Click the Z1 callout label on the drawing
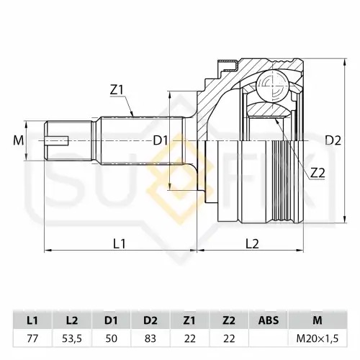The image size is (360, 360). click(x=117, y=90)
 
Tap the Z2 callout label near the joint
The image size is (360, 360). click(x=318, y=173)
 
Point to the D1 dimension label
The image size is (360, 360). click(x=161, y=140)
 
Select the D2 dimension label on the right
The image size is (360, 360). click(x=333, y=140)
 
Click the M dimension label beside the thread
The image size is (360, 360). click(x=19, y=140)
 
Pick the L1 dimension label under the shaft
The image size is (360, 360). click(x=120, y=244)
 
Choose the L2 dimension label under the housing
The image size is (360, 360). click(x=252, y=244)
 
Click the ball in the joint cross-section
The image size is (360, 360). click(x=273, y=86)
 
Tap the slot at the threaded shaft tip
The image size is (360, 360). click(x=57, y=140)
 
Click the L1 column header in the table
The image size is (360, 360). click(x=32, y=320)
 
